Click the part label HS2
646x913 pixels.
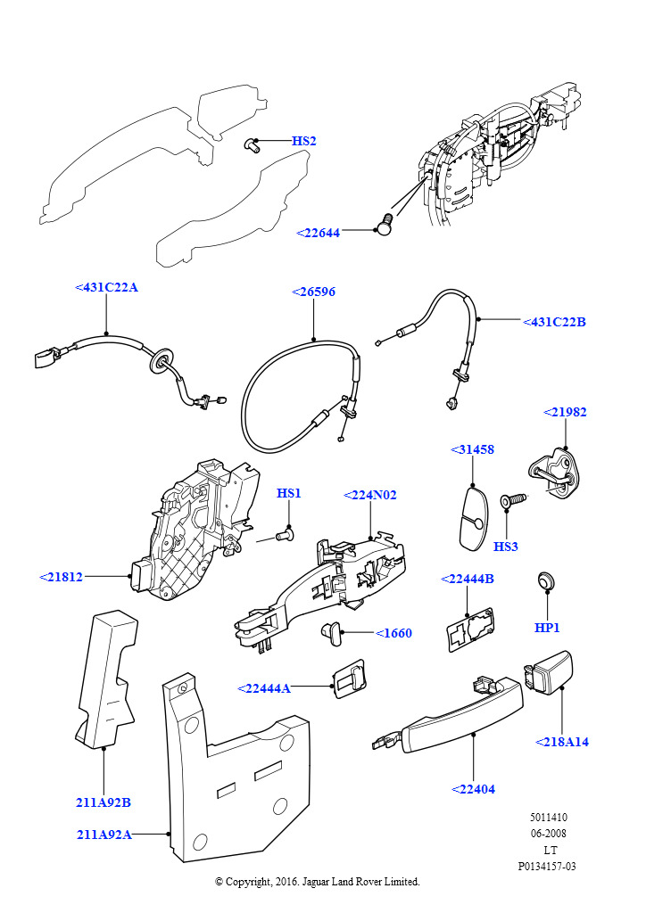[x=303, y=141]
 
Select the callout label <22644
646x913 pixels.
[x=319, y=233]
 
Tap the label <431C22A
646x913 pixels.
[x=106, y=287]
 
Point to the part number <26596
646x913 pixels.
[x=314, y=292]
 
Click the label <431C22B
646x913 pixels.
[x=553, y=322]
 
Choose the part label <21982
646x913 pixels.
[x=566, y=412]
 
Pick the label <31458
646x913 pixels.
[x=472, y=449]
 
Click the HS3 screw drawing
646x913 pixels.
[x=511, y=502]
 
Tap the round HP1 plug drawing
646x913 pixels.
[x=547, y=581]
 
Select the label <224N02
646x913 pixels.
[x=370, y=494]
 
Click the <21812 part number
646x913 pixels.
[x=62, y=577]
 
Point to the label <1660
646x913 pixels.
[x=393, y=633]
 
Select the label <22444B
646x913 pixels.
[x=468, y=579]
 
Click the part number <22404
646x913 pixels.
[x=473, y=789]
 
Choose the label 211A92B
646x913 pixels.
[x=104, y=802]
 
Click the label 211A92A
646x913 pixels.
[x=104, y=835]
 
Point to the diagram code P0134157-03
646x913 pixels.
[x=547, y=866]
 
